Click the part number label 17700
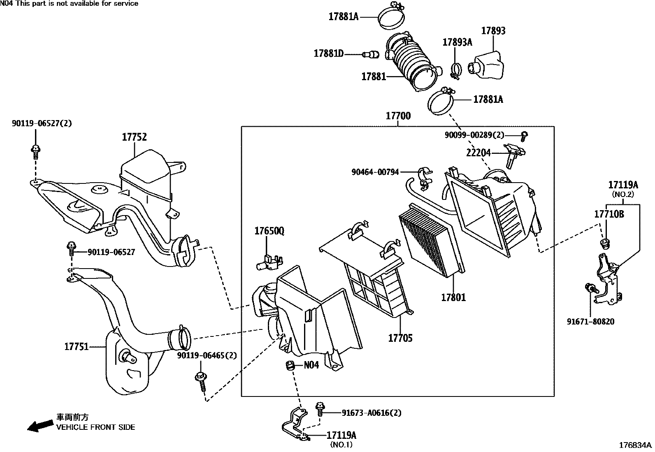[398, 116]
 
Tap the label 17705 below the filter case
[400, 338]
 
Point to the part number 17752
[134, 137]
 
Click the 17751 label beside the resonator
[77, 347]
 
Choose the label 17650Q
[269, 231]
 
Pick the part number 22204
[478, 153]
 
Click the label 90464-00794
[375, 172]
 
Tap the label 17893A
[457, 42]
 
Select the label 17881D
[328, 53]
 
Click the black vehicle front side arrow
[39, 426]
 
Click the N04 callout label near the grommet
[311, 365]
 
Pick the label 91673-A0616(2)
[372, 413]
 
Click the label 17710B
[609, 214]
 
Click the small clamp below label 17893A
[456, 71]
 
